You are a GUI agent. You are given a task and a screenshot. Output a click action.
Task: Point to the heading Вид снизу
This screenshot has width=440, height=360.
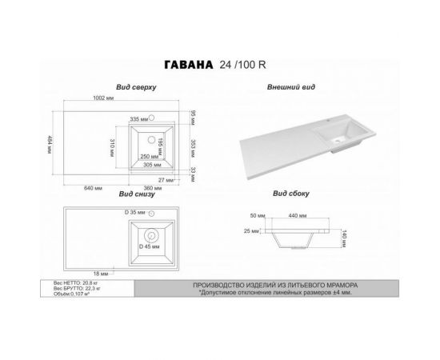click(x=137, y=194)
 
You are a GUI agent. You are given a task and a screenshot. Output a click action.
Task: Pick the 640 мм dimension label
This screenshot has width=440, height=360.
click(x=91, y=187)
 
